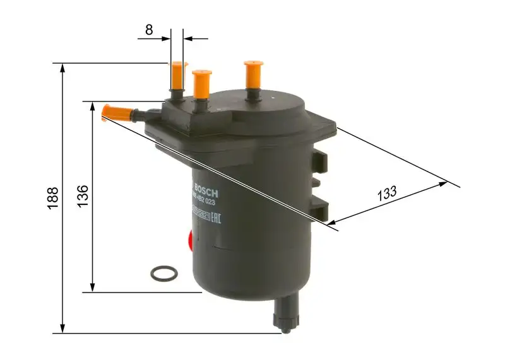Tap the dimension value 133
click(x=387, y=193)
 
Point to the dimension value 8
click(x=149, y=29)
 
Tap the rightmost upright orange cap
click(x=253, y=74)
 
